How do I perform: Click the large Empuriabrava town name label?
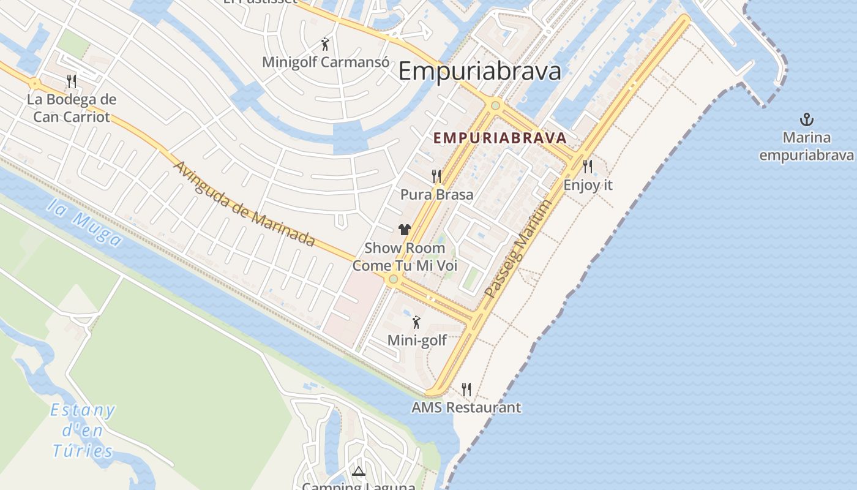coord(479,72)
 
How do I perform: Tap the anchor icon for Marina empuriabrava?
coord(807,119)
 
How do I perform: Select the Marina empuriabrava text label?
coord(806,146)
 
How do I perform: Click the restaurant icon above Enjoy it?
coord(588,166)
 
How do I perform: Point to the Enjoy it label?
coord(588,185)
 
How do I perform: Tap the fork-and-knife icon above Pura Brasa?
coord(436,176)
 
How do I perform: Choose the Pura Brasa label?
coord(436,195)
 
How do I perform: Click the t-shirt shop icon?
coord(404,230)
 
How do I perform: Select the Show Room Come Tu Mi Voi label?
coord(405,257)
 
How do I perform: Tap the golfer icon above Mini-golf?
coord(417,322)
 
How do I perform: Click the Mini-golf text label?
coord(417,341)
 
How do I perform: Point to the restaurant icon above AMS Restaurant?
coord(466,389)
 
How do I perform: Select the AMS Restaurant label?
coord(466,407)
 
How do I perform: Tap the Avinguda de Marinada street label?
coord(244,203)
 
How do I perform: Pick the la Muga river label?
coord(84,222)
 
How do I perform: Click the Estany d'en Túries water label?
coord(83,431)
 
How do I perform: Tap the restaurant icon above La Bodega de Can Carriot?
coord(72,81)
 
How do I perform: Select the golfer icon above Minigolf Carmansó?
coord(326,44)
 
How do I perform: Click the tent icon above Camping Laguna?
coord(359,471)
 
